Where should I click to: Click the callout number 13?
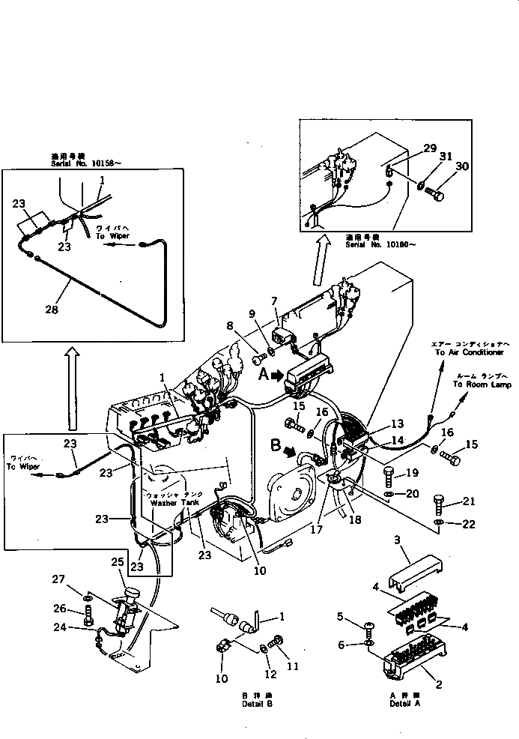[396, 423]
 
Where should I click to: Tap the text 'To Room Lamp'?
[482, 384]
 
